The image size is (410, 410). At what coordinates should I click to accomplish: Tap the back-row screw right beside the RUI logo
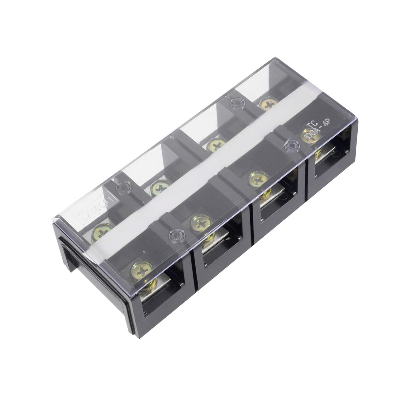(102, 233)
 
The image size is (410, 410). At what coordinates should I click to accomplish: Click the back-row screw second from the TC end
(217, 145)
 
